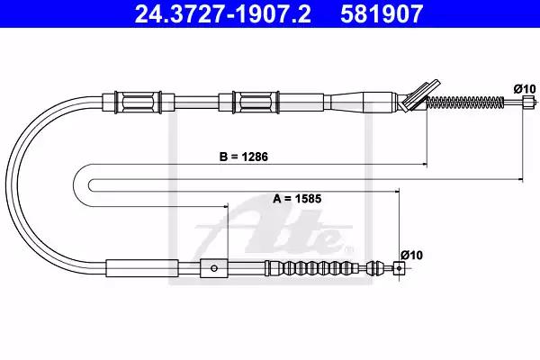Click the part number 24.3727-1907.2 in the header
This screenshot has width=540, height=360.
pos(222,14)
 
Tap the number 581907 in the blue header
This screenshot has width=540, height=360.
pos(382,14)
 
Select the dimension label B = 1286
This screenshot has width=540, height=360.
pos(244,157)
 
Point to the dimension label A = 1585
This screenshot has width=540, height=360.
pos(297,199)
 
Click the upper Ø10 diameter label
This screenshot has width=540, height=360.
pos(525,89)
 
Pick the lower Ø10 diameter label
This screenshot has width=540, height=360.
pos(411,256)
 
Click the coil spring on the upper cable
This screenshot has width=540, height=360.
pos(465,102)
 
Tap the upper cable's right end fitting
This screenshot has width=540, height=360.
pos(529,103)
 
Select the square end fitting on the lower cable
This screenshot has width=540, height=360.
pos(399,268)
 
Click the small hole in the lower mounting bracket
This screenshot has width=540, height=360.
pos(214,268)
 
